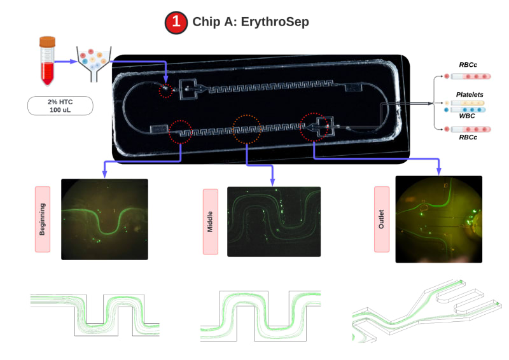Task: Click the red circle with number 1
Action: [x=176, y=22]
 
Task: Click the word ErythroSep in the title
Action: [x=277, y=22]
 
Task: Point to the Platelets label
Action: [x=470, y=94]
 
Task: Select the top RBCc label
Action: [x=470, y=65]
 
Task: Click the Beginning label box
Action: [x=43, y=219]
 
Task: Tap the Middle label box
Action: [x=211, y=221]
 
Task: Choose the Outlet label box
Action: [x=381, y=219]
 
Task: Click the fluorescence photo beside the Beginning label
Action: [x=104, y=219]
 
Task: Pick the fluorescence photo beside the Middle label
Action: [x=274, y=221]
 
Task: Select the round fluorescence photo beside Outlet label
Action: [x=438, y=219]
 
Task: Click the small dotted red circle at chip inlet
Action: [x=167, y=90]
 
